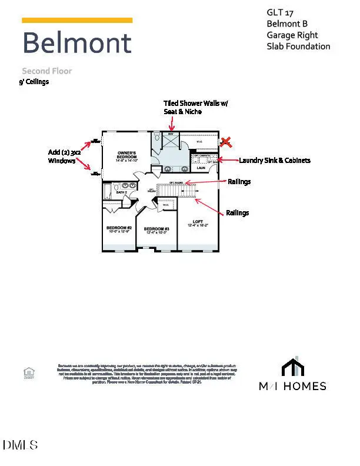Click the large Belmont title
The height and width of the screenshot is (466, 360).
(x=77, y=44)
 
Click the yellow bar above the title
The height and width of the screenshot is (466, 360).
(x=77, y=20)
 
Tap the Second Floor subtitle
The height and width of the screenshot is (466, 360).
(x=47, y=71)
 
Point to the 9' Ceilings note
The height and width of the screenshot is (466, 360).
(x=34, y=82)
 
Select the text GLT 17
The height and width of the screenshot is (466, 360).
(x=280, y=13)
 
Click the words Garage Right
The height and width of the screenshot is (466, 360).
(x=292, y=35)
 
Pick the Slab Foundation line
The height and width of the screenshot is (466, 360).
(x=298, y=46)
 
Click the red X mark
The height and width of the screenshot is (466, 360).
(x=225, y=142)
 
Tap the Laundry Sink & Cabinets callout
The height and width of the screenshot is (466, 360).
(x=274, y=160)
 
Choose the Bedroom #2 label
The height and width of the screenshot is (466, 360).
(x=119, y=229)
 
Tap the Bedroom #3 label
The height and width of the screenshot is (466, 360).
(x=157, y=230)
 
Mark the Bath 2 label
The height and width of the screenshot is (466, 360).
(x=122, y=192)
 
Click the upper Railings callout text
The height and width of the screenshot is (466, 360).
(x=239, y=182)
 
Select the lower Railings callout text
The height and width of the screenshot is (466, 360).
(x=238, y=213)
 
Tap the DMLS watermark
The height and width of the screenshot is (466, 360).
(x=20, y=444)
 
